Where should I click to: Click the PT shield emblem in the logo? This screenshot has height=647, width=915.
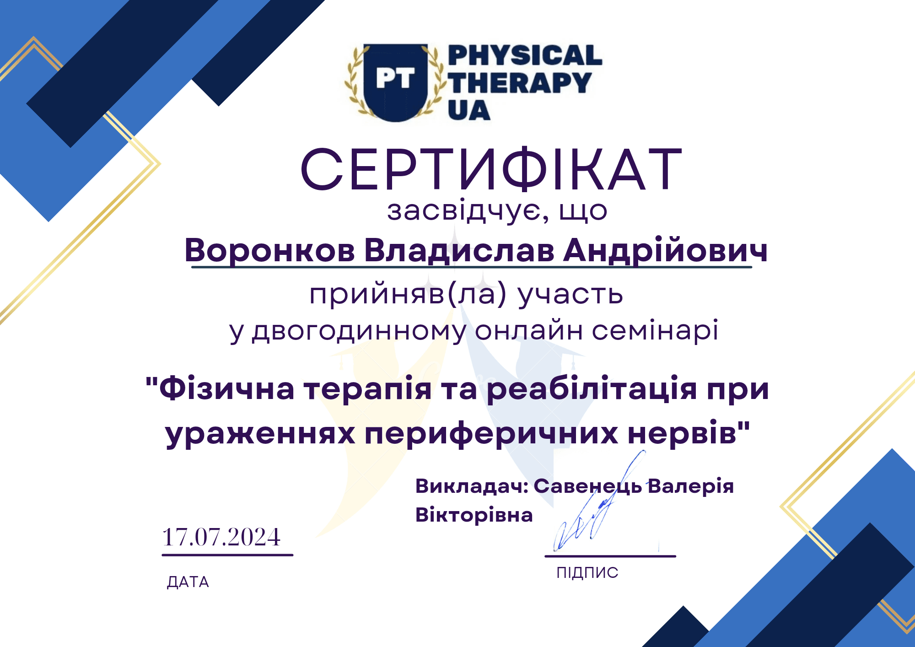(x=396, y=83)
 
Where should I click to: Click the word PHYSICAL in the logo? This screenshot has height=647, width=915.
(x=525, y=55)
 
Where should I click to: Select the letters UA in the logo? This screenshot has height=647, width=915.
(x=469, y=110)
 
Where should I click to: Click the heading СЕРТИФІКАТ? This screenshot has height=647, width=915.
(x=491, y=169)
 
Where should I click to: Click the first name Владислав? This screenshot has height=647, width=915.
(x=459, y=251)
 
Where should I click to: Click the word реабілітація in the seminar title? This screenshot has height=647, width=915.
(x=592, y=389)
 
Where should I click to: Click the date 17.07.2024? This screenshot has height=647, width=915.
(x=221, y=537)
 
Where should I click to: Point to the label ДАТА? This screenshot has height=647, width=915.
(x=188, y=582)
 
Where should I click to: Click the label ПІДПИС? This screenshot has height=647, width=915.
(x=587, y=572)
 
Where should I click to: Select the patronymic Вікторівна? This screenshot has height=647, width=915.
(x=474, y=515)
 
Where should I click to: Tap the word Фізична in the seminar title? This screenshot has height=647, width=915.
(x=227, y=389)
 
